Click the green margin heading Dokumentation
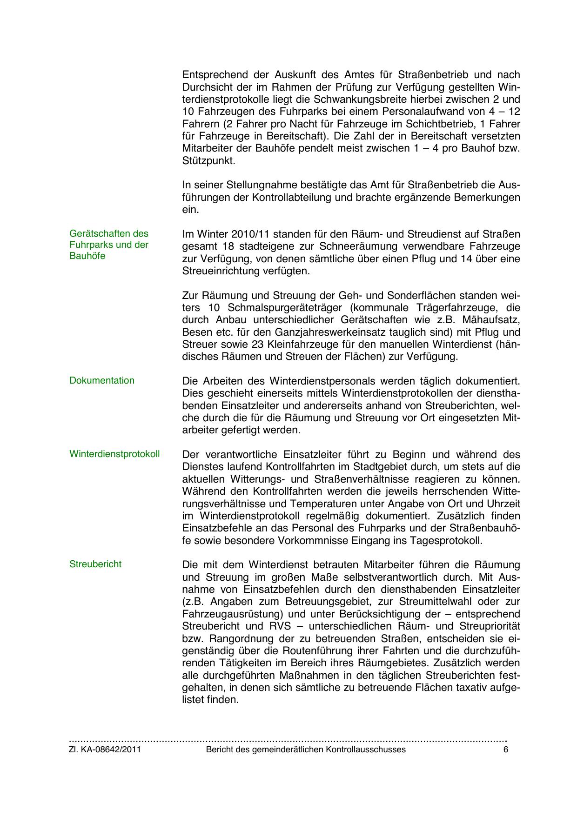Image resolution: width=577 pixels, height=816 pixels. pos(101,381)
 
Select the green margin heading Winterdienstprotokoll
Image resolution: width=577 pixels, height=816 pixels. pos(114,454)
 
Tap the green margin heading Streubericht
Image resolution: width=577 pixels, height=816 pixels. pos(95,564)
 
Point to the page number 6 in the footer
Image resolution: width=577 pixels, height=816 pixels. pos(506,750)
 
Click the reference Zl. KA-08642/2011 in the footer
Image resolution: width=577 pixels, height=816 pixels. pos(105,750)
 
